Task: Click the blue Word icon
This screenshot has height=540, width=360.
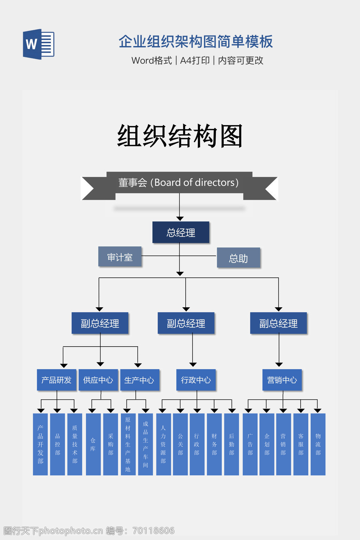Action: point(38,44)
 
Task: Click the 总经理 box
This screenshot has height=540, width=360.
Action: point(181,232)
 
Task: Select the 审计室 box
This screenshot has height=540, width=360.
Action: point(120,257)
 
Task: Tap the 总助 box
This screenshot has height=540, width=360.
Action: point(238,258)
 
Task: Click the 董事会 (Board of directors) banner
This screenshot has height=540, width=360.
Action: point(179,183)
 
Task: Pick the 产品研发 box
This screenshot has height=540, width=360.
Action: point(56,380)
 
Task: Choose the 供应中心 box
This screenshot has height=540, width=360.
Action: point(98,380)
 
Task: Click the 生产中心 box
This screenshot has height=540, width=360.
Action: point(140,380)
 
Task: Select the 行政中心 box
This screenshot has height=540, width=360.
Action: point(196,380)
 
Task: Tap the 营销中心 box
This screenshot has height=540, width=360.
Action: point(282,380)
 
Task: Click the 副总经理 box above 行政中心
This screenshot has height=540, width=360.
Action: point(186,323)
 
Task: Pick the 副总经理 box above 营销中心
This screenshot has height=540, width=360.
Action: point(278,323)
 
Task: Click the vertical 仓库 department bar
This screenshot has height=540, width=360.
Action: point(93,444)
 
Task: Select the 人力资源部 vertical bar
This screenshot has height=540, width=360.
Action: point(163,444)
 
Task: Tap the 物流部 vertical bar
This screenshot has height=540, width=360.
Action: point(318,444)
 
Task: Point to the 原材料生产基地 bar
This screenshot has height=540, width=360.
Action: point(128,444)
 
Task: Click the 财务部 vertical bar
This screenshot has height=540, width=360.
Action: point(214,444)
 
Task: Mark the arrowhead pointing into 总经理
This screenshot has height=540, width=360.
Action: point(180,219)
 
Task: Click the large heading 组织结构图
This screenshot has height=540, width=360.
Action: point(180,136)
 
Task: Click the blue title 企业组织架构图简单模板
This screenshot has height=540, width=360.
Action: point(195,41)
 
